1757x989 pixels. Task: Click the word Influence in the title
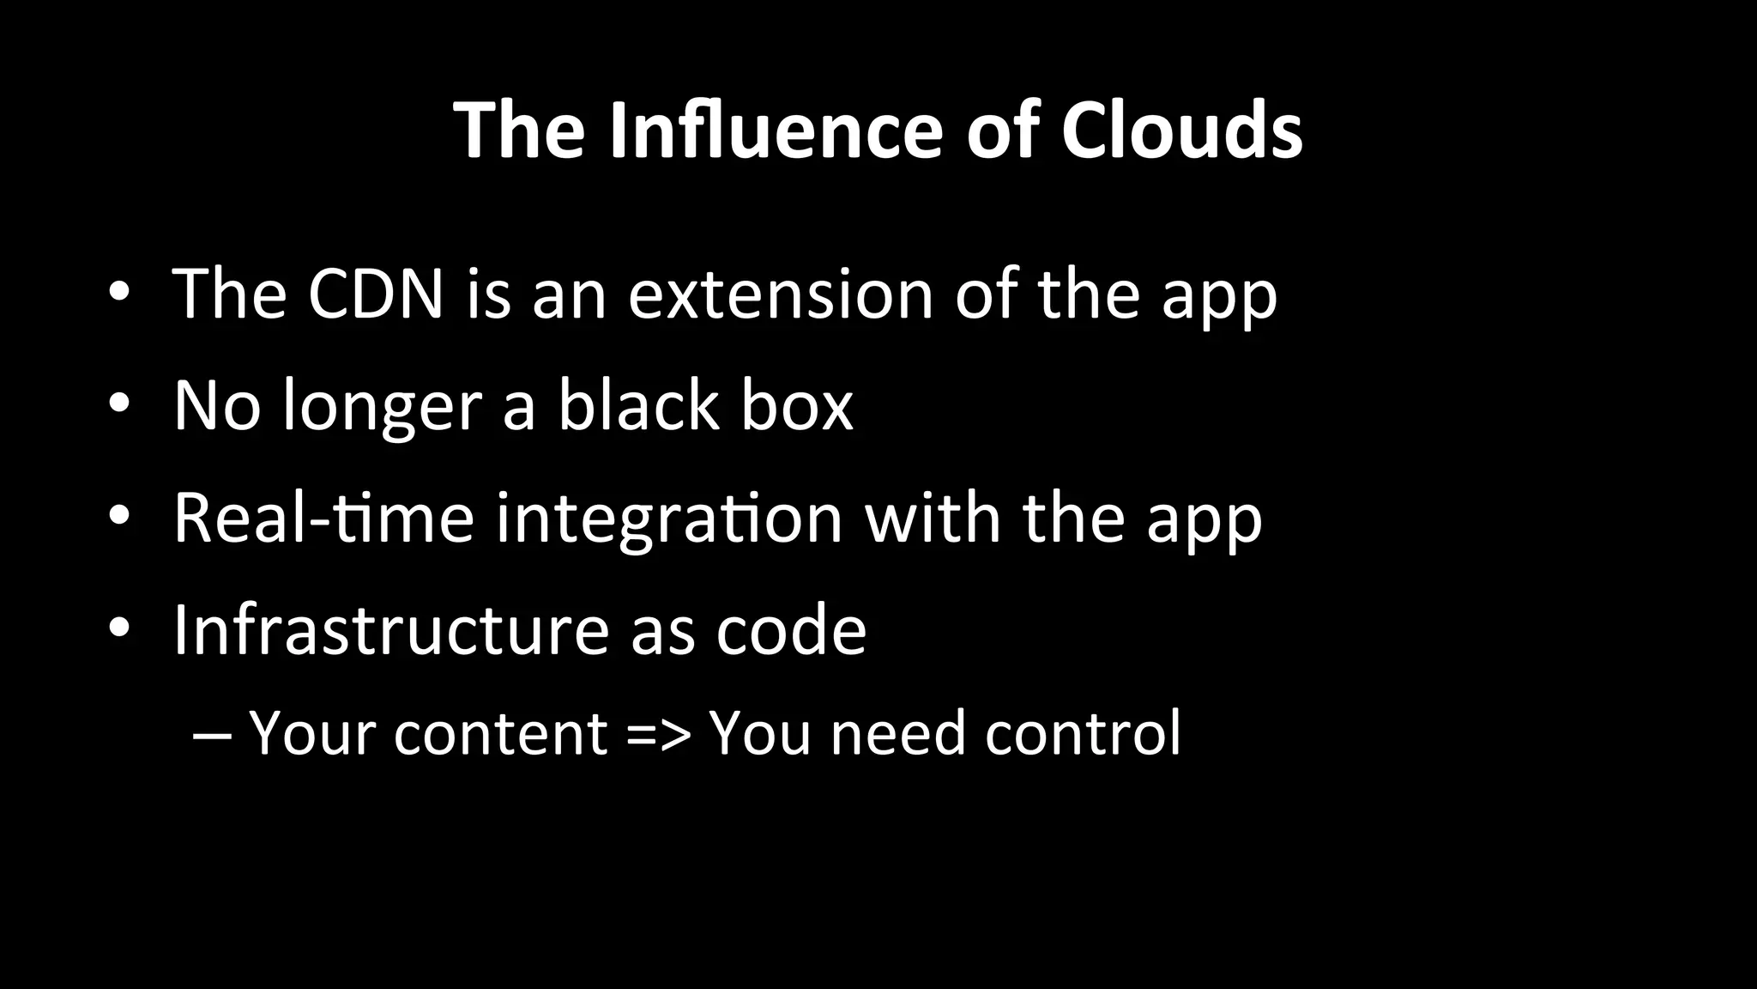[776, 130]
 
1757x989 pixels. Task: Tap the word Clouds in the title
[1181, 130]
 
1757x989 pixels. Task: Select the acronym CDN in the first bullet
[376, 294]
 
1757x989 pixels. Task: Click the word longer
[382, 406]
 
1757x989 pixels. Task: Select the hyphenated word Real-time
[323, 518]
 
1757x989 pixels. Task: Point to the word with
[933, 518]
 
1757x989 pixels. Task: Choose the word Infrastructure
[391, 629]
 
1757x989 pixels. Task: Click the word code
[791, 629]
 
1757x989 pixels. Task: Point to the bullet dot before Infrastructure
[119, 627]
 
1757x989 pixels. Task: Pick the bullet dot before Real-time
[119, 514]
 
